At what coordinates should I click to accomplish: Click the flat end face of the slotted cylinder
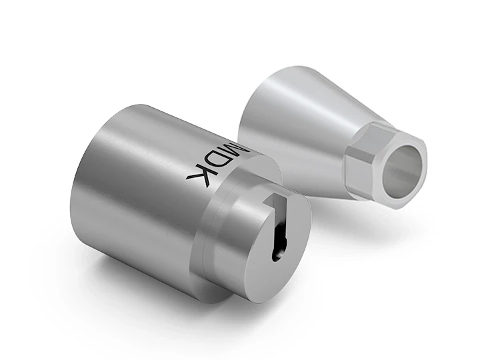coord(253,247)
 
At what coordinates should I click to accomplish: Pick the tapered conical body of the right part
coord(300,133)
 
